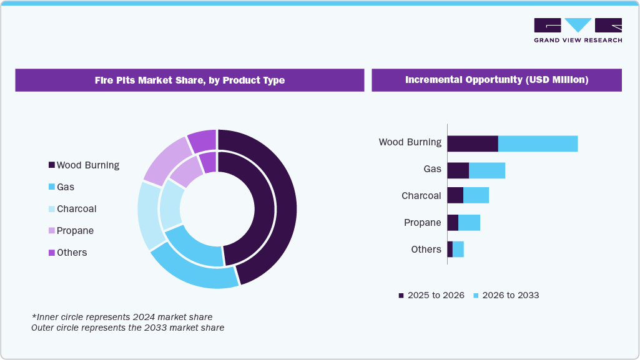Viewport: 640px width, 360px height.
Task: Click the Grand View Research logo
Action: tap(578, 30)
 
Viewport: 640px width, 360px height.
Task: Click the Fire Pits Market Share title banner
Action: tap(189, 80)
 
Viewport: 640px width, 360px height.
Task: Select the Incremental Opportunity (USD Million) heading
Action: tap(496, 80)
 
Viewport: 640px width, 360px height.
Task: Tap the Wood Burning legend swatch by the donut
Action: tap(51, 165)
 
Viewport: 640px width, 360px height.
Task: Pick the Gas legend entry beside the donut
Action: tap(62, 187)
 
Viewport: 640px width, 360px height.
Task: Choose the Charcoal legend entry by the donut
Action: tap(72, 209)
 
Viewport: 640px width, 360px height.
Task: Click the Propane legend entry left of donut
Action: tap(71, 231)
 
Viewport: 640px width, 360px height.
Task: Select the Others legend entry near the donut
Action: tap(67, 253)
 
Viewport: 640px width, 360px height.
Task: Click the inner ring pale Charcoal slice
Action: tap(171, 205)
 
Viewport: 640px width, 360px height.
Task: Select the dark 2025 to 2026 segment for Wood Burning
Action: tap(473, 143)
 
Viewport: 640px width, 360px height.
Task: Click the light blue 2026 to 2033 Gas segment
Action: tap(487, 170)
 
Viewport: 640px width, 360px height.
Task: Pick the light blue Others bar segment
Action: tap(458, 250)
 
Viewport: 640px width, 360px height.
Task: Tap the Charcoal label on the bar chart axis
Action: tap(421, 196)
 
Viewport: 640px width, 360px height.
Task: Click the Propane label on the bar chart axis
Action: tap(422, 223)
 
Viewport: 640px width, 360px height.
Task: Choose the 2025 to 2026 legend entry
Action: tap(431, 295)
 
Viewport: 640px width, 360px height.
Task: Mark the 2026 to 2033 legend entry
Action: tap(506, 295)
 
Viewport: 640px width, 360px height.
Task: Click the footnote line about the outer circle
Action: tap(127, 327)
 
